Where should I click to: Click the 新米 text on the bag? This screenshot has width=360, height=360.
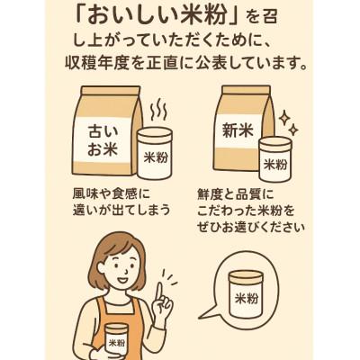point(236,133)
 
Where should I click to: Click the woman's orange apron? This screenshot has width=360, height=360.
point(90,337)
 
